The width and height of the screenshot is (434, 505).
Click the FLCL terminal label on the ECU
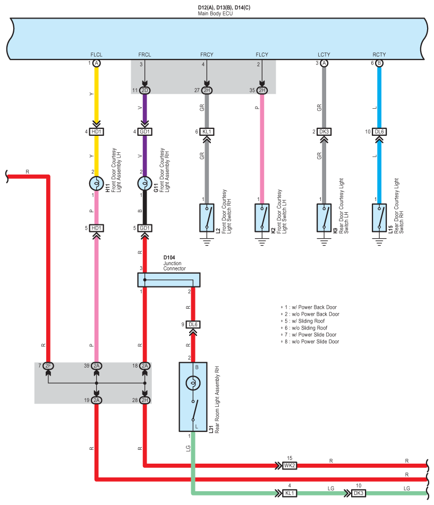point(96,55)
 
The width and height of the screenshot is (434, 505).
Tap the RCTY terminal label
point(379,55)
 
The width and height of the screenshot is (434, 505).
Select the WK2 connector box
point(289,465)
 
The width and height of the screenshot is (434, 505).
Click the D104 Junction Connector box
point(168,280)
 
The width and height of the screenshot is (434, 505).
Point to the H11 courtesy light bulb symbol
point(96,183)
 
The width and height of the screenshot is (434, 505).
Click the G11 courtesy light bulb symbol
point(145,183)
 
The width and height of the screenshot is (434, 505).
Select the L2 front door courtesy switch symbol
point(207,217)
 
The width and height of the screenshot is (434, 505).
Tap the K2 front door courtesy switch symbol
point(262,217)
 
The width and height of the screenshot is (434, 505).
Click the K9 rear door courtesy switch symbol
point(324,217)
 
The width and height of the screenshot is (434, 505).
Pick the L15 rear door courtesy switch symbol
point(379,217)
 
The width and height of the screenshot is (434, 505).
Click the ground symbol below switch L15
point(379,242)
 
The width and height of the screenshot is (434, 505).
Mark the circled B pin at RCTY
point(379,63)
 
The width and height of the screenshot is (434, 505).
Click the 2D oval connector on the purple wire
point(145,90)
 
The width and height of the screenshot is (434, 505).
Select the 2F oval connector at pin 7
point(48,365)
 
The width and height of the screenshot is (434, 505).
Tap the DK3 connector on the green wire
point(359,493)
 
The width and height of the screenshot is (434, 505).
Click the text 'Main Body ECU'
point(215,14)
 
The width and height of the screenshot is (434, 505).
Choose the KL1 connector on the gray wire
point(207,132)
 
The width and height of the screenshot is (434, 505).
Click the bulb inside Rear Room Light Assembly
point(193,383)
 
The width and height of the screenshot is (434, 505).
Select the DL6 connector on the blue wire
point(379,132)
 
